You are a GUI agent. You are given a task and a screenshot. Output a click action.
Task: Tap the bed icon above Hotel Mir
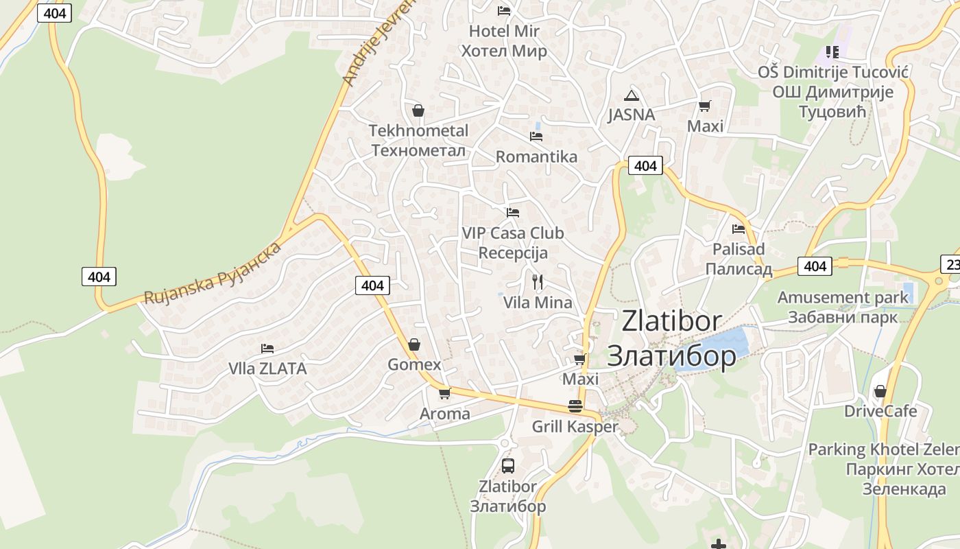point(504,10)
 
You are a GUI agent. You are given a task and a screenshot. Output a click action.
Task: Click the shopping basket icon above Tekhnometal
point(418,110)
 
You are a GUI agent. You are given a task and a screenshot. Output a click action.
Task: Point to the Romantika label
point(536,156)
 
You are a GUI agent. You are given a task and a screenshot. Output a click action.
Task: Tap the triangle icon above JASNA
point(632,95)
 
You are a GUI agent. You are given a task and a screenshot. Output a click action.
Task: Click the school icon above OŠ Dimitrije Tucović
point(832,51)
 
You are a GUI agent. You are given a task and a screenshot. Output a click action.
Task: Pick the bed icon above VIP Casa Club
point(513,213)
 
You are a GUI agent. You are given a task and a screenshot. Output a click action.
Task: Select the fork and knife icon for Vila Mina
point(538,281)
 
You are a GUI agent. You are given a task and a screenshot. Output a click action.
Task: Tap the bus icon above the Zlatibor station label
point(508,465)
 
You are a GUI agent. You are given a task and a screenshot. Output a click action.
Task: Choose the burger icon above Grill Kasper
point(575,406)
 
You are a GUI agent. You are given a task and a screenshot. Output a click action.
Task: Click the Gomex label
point(414,364)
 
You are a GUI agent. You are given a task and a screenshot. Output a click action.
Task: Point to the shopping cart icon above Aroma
point(444,393)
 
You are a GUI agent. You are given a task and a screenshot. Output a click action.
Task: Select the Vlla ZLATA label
point(267,369)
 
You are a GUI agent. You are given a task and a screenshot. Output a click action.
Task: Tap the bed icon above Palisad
point(739,229)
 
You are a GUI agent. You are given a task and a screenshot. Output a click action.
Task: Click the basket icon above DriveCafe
point(880,391)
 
